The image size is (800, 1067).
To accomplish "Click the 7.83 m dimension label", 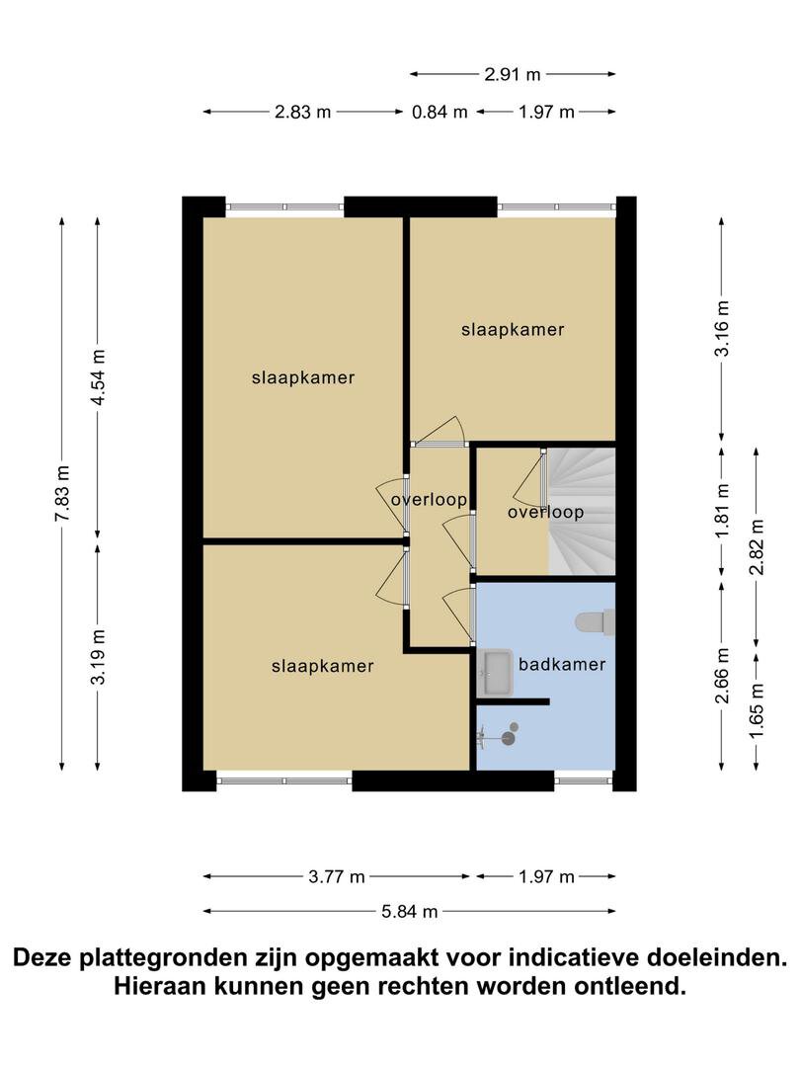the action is pyautogui.click(x=62, y=493).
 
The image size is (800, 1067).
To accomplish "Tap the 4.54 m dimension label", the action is pyautogui.click(x=99, y=376).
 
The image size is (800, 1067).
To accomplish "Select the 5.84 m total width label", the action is pyautogui.click(x=410, y=911).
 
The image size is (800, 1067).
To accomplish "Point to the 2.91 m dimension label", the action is pyautogui.click(x=513, y=74).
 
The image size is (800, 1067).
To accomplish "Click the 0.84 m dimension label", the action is pyautogui.click(x=440, y=112).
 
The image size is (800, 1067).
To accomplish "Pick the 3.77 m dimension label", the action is pyautogui.click(x=337, y=877).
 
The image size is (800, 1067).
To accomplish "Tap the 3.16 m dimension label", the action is pyautogui.click(x=722, y=328).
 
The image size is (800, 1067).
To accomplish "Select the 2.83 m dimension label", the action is pyautogui.click(x=303, y=112).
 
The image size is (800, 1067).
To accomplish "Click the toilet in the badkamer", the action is pyautogui.click(x=596, y=622).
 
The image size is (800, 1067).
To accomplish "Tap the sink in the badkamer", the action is pyautogui.click(x=495, y=673).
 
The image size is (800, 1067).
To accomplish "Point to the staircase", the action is pyautogui.click(x=582, y=511).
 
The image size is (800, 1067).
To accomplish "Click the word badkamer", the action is pyautogui.click(x=562, y=664).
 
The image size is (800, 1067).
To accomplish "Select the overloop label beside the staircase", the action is pyautogui.click(x=545, y=513).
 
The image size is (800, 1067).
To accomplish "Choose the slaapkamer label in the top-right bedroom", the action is pyautogui.click(x=513, y=330).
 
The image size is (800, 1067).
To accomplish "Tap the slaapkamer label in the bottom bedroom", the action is pyautogui.click(x=322, y=666).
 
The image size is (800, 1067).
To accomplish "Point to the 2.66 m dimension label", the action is pyautogui.click(x=722, y=675).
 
